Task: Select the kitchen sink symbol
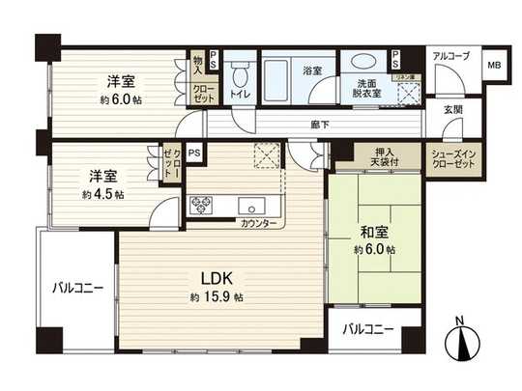(256, 205)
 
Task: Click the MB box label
(492, 65)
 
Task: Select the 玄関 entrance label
(452, 110)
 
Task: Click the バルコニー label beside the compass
(368, 329)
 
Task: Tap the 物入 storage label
(198, 64)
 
